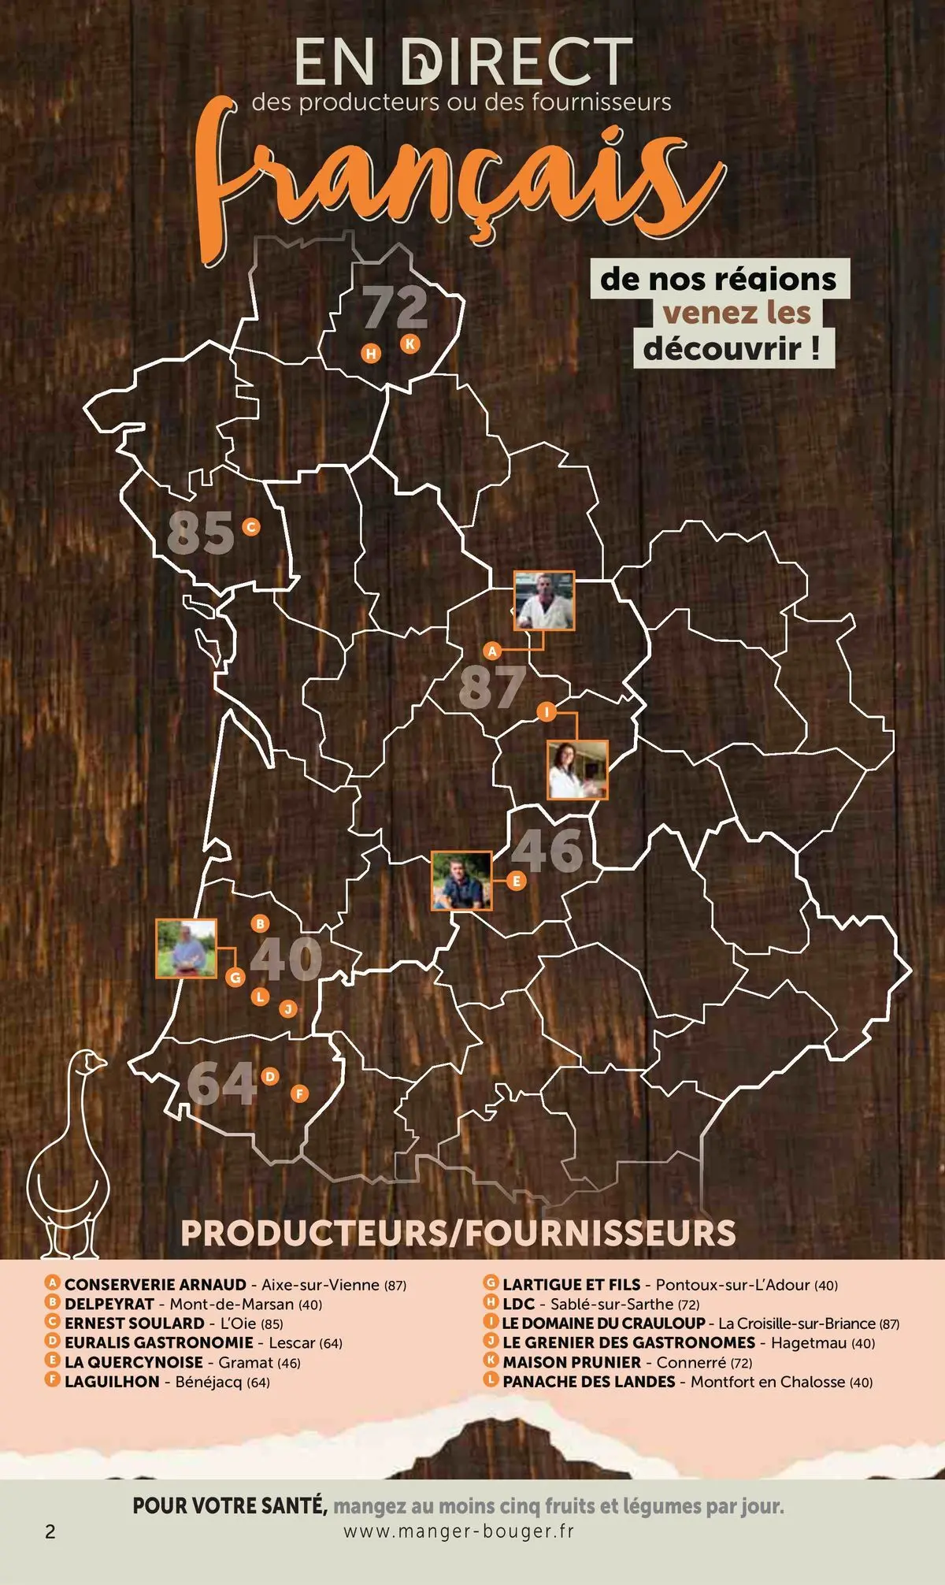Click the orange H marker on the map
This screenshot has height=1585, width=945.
coord(371,354)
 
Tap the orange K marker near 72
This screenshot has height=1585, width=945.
coord(409,343)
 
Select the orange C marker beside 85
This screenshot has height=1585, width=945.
coord(251,527)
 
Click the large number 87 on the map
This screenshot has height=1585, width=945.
coord(492,687)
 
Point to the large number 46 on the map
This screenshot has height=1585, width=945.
coord(547,851)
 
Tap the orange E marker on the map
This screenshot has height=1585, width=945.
coord(517,881)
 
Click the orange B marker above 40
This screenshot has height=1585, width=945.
coord(260,923)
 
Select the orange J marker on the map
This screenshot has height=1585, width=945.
coord(288,1009)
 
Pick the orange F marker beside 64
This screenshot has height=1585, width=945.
coord(298,1093)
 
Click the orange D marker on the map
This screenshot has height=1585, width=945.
coord(270,1076)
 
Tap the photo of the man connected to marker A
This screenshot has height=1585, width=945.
coord(543,600)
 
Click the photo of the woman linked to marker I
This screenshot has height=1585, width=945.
coord(577,769)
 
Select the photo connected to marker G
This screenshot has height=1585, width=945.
coord(186,948)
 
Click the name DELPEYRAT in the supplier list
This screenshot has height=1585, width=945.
coord(109,1304)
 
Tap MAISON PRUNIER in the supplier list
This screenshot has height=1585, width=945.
coord(572,1362)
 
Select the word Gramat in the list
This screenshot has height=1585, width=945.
coord(246,1362)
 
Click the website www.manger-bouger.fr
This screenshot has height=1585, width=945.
coord(459,1531)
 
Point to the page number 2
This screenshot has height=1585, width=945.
coord(50,1531)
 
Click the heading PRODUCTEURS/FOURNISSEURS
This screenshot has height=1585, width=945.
coord(458,1233)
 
